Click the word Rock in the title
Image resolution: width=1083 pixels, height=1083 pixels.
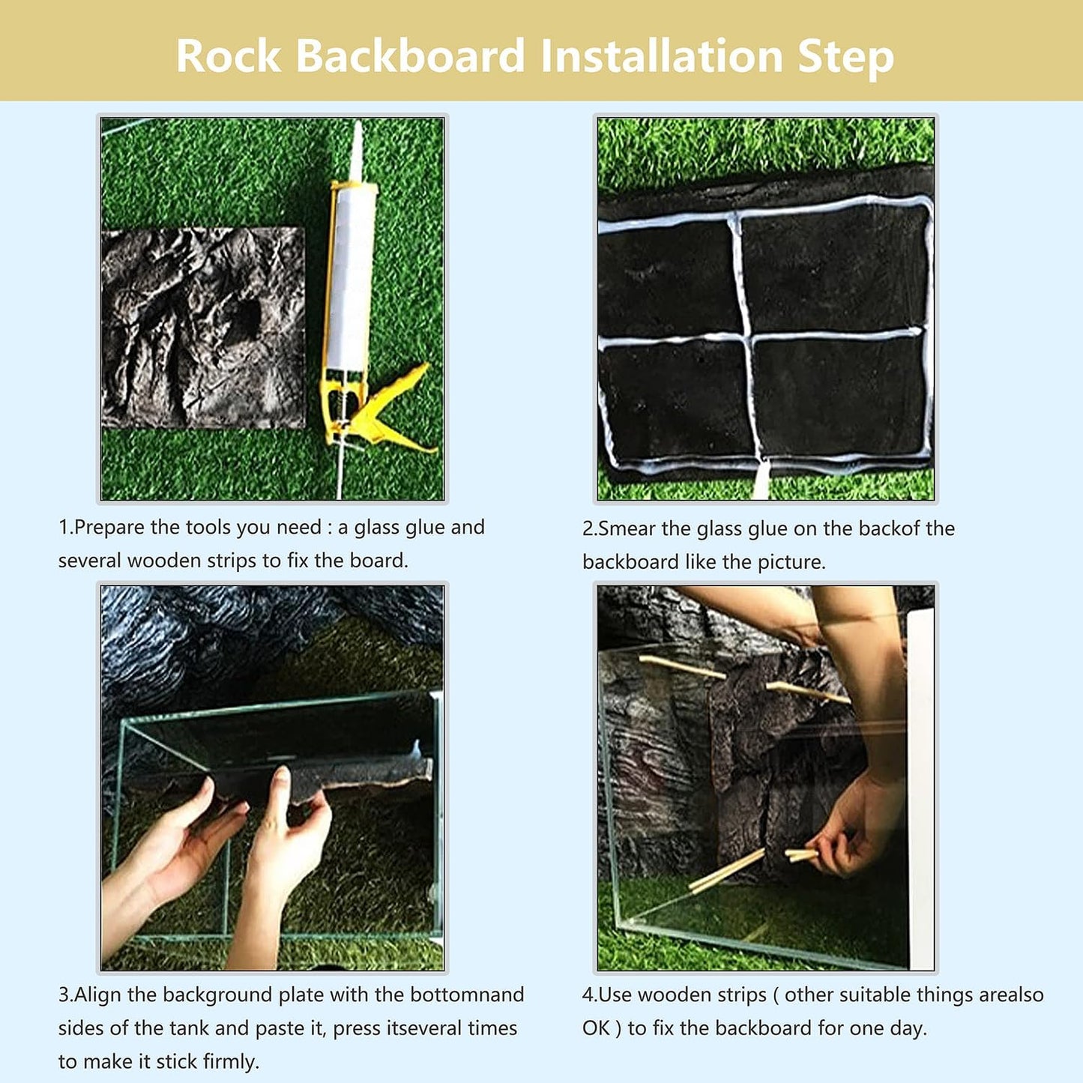click(x=229, y=56)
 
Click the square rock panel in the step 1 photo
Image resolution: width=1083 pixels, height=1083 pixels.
click(x=203, y=328)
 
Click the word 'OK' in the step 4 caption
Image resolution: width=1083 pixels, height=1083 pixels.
click(x=597, y=1028)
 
